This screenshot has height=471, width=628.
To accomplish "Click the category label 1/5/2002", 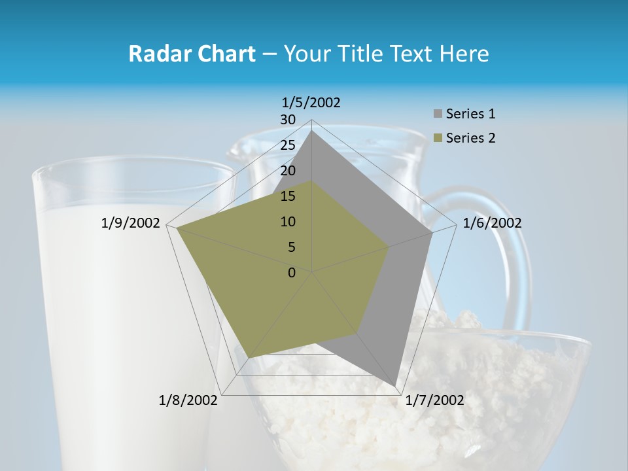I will pyautogui.click(x=311, y=102).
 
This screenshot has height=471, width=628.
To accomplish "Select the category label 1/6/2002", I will pyautogui.click(x=492, y=223).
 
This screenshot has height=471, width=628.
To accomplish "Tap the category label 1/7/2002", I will pyautogui.click(x=434, y=400).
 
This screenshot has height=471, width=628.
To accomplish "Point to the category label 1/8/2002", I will pyautogui.click(x=188, y=400).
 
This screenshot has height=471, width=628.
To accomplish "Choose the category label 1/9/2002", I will pyautogui.click(x=131, y=223).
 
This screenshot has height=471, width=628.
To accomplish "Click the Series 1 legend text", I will pyautogui.click(x=470, y=114).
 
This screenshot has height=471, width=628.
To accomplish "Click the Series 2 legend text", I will pyautogui.click(x=470, y=138).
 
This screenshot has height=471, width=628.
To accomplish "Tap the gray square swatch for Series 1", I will pyautogui.click(x=438, y=114).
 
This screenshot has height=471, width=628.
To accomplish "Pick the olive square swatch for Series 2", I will pyautogui.click(x=438, y=139).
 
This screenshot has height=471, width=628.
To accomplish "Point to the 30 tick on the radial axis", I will pyautogui.click(x=288, y=120).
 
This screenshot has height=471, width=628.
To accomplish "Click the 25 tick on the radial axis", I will pyautogui.click(x=288, y=145).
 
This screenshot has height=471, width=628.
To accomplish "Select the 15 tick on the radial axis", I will pyautogui.click(x=288, y=196).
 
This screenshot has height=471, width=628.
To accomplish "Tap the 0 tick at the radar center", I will pyautogui.click(x=292, y=273).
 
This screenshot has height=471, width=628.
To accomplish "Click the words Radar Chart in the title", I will pyautogui.click(x=192, y=54).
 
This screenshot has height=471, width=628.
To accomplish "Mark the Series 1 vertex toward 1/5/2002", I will pyautogui.click(x=312, y=130).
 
